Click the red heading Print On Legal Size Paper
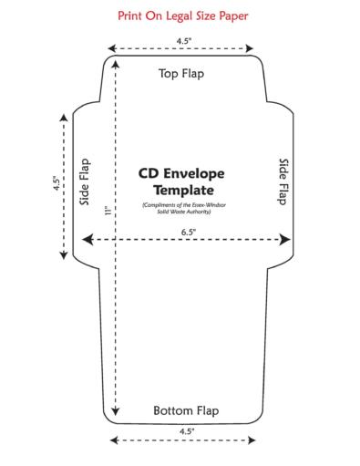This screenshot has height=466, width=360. pos(182,16)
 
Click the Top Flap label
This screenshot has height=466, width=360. pos(181,73)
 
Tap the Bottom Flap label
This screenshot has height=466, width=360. pos(186,409)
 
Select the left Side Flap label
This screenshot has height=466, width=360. pos(85,181)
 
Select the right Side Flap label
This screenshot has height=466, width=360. pos(283,181)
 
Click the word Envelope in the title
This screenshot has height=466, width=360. pos(196,172)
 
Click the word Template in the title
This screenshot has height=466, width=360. pos(181,191)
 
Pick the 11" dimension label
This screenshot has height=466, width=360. pos(107,212)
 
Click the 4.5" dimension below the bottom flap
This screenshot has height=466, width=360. pos(187,430)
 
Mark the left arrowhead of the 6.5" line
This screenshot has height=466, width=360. pos(88,240)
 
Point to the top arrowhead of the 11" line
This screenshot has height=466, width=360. pos(116,64)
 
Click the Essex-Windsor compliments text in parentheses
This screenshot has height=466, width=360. pos(181,208)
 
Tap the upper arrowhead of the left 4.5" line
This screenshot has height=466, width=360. pos(63,116)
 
